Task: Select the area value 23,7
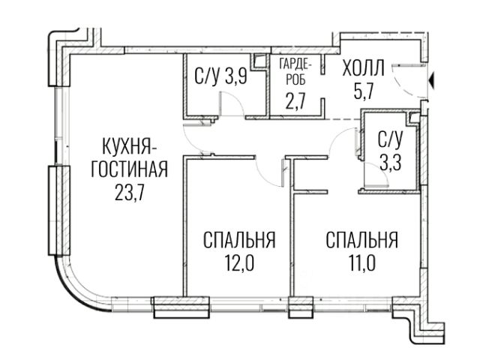pos(128,190)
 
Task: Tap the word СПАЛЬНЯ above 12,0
pos(239,241)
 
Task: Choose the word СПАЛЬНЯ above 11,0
pos(361,241)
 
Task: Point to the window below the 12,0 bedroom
pos(174,306)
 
